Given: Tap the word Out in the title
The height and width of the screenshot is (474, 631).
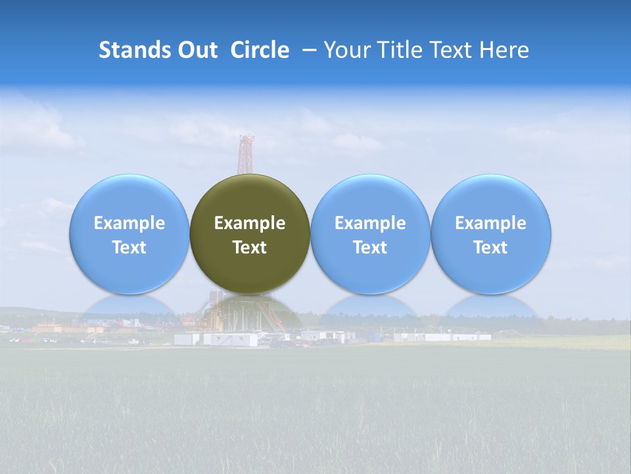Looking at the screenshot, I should [x=197, y=50].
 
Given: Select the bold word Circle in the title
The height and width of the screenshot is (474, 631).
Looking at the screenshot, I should [x=260, y=50].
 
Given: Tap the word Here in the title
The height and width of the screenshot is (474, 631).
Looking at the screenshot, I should [x=504, y=50].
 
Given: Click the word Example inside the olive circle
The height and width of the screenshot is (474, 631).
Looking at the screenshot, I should [x=250, y=223].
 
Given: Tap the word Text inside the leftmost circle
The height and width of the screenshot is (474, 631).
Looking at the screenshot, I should [x=129, y=248].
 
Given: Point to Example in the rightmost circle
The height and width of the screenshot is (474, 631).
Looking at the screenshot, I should [x=490, y=223].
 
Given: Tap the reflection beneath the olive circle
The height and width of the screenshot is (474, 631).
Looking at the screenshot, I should [x=250, y=313].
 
